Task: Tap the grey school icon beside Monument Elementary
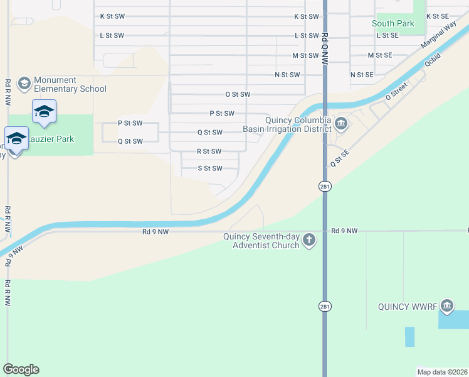(x=24, y=84)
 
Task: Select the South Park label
(x=393, y=23)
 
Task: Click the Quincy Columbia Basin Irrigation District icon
(x=341, y=123)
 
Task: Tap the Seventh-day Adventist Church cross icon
(x=308, y=240)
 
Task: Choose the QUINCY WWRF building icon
(x=446, y=307)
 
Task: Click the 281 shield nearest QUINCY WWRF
(x=324, y=306)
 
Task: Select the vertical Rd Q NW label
(x=324, y=49)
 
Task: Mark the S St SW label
(x=210, y=168)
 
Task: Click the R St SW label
(x=209, y=151)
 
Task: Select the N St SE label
(x=362, y=75)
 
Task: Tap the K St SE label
(x=438, y=16)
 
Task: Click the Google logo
(x=21, y=369)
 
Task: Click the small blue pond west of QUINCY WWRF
(x=409, y=337)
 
